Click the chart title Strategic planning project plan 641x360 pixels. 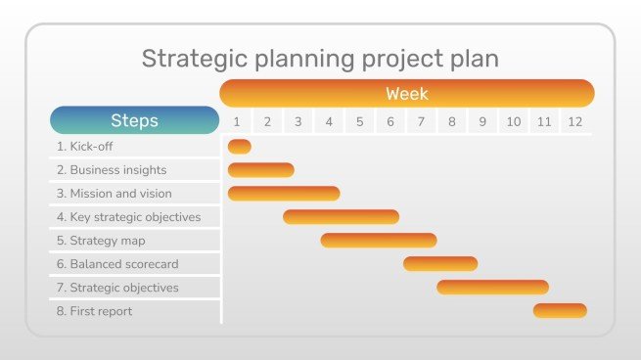320,58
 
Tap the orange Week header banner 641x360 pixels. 407,94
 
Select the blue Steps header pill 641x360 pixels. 135,120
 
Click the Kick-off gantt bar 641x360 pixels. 239,147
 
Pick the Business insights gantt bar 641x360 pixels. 260,170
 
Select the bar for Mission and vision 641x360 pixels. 284,194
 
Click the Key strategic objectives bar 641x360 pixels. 341,217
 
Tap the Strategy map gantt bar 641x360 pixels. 378,241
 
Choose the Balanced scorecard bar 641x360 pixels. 440,264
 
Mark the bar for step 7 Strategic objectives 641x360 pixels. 492,288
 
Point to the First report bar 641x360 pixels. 560,311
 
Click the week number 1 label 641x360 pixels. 236,122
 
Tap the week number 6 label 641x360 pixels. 390,122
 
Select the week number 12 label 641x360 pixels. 575,122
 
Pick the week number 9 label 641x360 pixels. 482,122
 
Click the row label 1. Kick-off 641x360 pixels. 85,147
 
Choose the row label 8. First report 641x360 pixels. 94,311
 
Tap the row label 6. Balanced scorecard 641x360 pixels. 117,264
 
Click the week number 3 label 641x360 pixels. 298,122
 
